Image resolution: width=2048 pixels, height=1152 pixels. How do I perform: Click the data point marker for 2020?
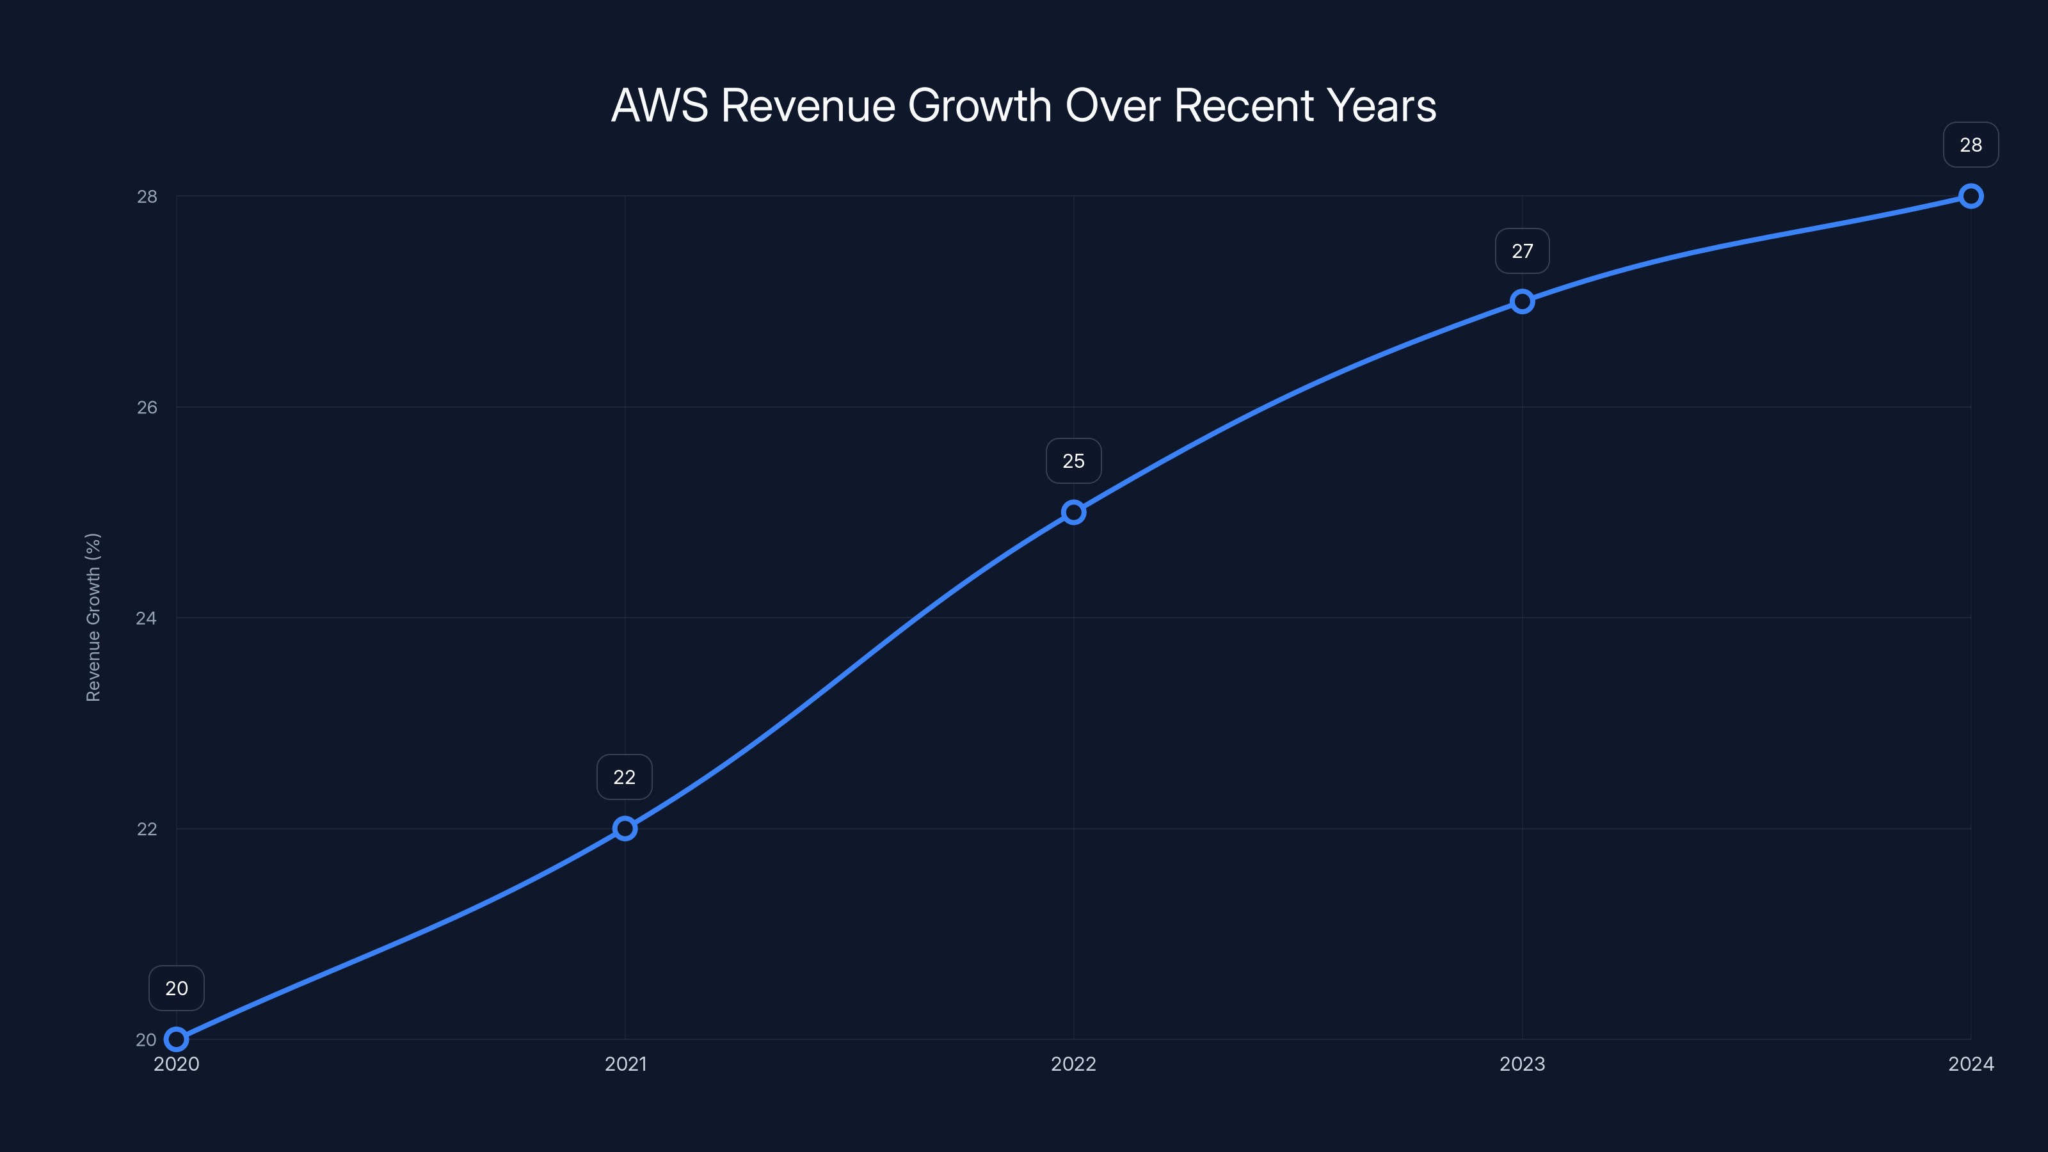177,1039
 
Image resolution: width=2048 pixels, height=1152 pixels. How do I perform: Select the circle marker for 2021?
625,828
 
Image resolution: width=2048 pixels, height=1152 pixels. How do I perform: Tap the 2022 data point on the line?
1073,512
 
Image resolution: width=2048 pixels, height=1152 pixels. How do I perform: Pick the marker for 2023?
1522,301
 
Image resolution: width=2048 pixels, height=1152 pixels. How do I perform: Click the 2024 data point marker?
1970,196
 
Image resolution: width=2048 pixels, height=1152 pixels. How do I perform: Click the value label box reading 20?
177,988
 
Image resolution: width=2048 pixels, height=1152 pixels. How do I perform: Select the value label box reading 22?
624,777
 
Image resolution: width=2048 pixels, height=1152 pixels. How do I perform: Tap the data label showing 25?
1073,461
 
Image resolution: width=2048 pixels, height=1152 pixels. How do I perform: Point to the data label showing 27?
1522,252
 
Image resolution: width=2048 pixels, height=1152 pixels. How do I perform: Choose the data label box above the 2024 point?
1970,145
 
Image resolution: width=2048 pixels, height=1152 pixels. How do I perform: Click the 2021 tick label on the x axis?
625,1064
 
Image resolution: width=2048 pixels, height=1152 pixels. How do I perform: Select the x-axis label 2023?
1522,1064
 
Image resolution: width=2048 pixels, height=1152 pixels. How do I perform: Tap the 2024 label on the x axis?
1970,1064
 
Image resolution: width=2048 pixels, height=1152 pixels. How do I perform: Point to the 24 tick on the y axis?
147,618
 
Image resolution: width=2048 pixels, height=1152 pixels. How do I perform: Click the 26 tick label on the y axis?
147,407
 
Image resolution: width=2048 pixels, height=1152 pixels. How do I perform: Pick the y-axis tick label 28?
147,196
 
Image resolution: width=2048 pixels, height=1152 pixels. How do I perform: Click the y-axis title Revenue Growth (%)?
93,617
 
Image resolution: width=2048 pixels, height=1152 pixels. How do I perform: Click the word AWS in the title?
659,106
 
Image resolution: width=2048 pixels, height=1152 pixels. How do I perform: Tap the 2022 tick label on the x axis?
1073,1064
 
